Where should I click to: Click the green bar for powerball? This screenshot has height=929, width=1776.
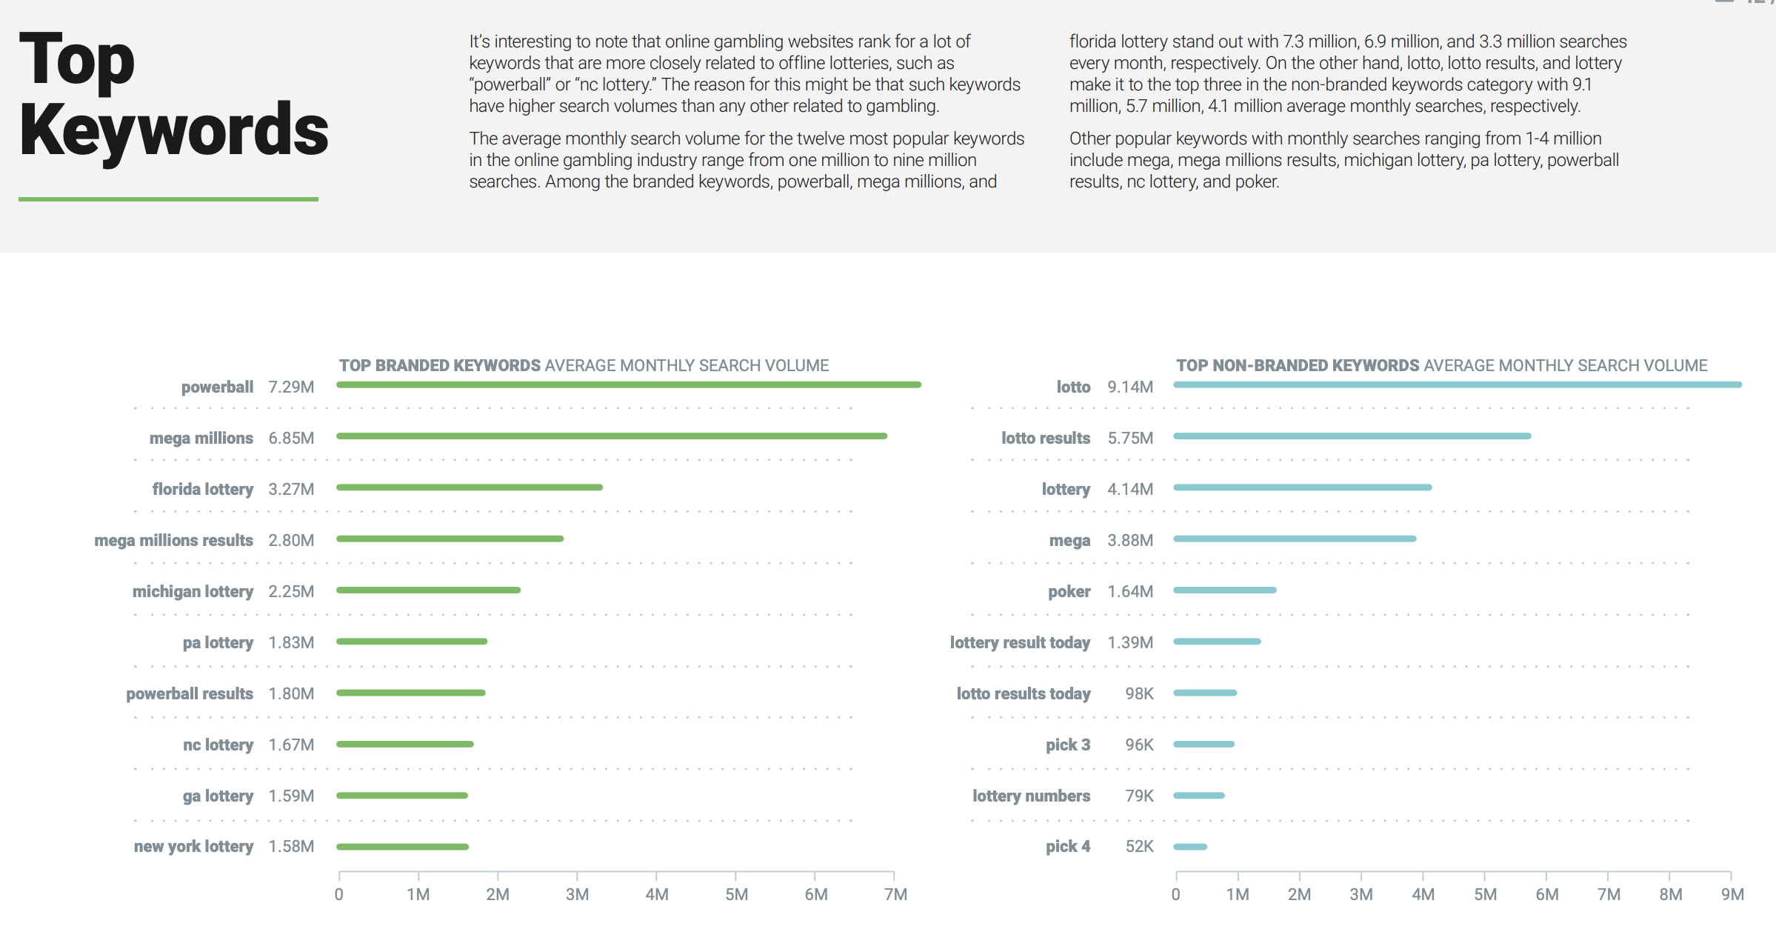(x=628, y=385)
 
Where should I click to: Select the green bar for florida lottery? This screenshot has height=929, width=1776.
(x=470, y=487)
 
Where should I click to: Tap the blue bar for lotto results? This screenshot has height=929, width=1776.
(x=1352, y=436)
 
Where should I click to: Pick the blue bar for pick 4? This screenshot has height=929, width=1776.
(x=1190, y=847)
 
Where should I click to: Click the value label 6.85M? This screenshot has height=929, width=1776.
(x=291, y=439)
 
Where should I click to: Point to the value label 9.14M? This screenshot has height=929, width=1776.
(x=1130, y=387)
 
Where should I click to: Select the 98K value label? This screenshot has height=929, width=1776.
(x=1139, y=694)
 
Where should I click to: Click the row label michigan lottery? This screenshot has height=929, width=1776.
(x=193, y=592)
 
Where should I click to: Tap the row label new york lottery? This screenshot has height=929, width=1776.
(x=193, y=847)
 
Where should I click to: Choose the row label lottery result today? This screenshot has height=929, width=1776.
(x=1020, y=643)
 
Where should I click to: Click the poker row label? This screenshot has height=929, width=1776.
(x=1069, y=592)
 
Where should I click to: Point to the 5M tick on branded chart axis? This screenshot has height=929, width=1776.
(x=736, y=894)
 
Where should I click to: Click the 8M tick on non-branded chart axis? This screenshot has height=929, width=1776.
(x=1670, y=894)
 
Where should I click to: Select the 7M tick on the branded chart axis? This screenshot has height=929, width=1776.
(x=895, y=894)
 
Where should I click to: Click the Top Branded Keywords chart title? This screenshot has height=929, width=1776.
(x=584, y=366)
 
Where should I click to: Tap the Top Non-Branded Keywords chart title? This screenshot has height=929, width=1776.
(x=1441, y=366)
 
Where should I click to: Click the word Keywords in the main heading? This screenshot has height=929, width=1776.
(x=174, y=130)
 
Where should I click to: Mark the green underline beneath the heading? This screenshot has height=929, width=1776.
(x=168, y=199)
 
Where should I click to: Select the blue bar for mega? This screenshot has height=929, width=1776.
(x=1295, y=539)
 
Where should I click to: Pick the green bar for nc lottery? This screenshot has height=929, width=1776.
(x=404, y=744)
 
